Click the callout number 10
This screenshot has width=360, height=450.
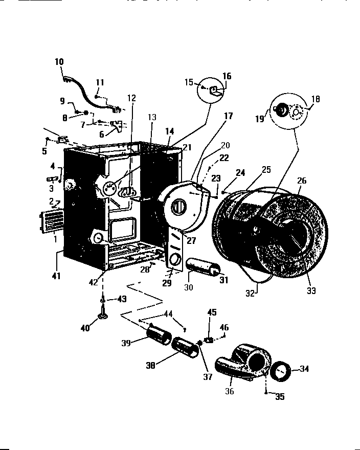(59, 62)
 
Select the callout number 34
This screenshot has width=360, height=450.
(305, 368)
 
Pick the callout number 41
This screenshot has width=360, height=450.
(56, 276)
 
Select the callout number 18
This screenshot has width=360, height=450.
(315, 100)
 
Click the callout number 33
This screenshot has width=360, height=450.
(311, 291)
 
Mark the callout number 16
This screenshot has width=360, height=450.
(227, 76)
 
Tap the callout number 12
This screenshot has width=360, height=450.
(132, 98)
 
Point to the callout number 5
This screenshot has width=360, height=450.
(44, 151)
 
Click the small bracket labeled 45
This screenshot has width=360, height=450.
(209, 339)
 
